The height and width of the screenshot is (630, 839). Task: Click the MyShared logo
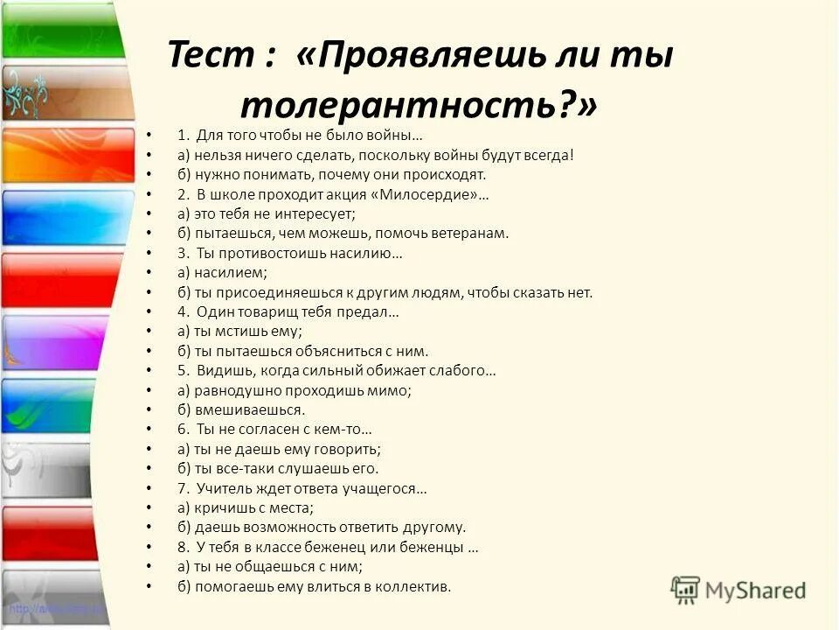click(x=738, y=589)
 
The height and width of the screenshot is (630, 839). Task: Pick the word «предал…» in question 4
click(x=372, y=311)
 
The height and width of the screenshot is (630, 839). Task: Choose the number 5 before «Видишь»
click(x=181, y=370)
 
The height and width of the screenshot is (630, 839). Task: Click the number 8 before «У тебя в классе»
click(x=181, y=548)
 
